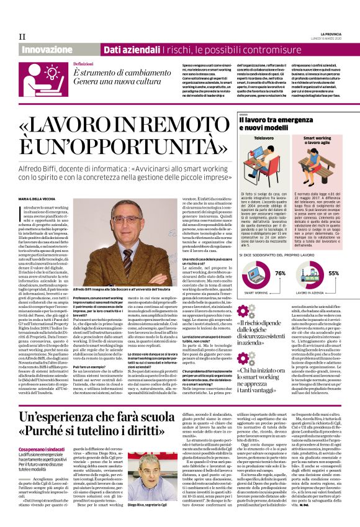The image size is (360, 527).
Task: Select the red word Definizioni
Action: coord(84,64)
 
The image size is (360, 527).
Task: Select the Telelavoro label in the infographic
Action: coord(264,140)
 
